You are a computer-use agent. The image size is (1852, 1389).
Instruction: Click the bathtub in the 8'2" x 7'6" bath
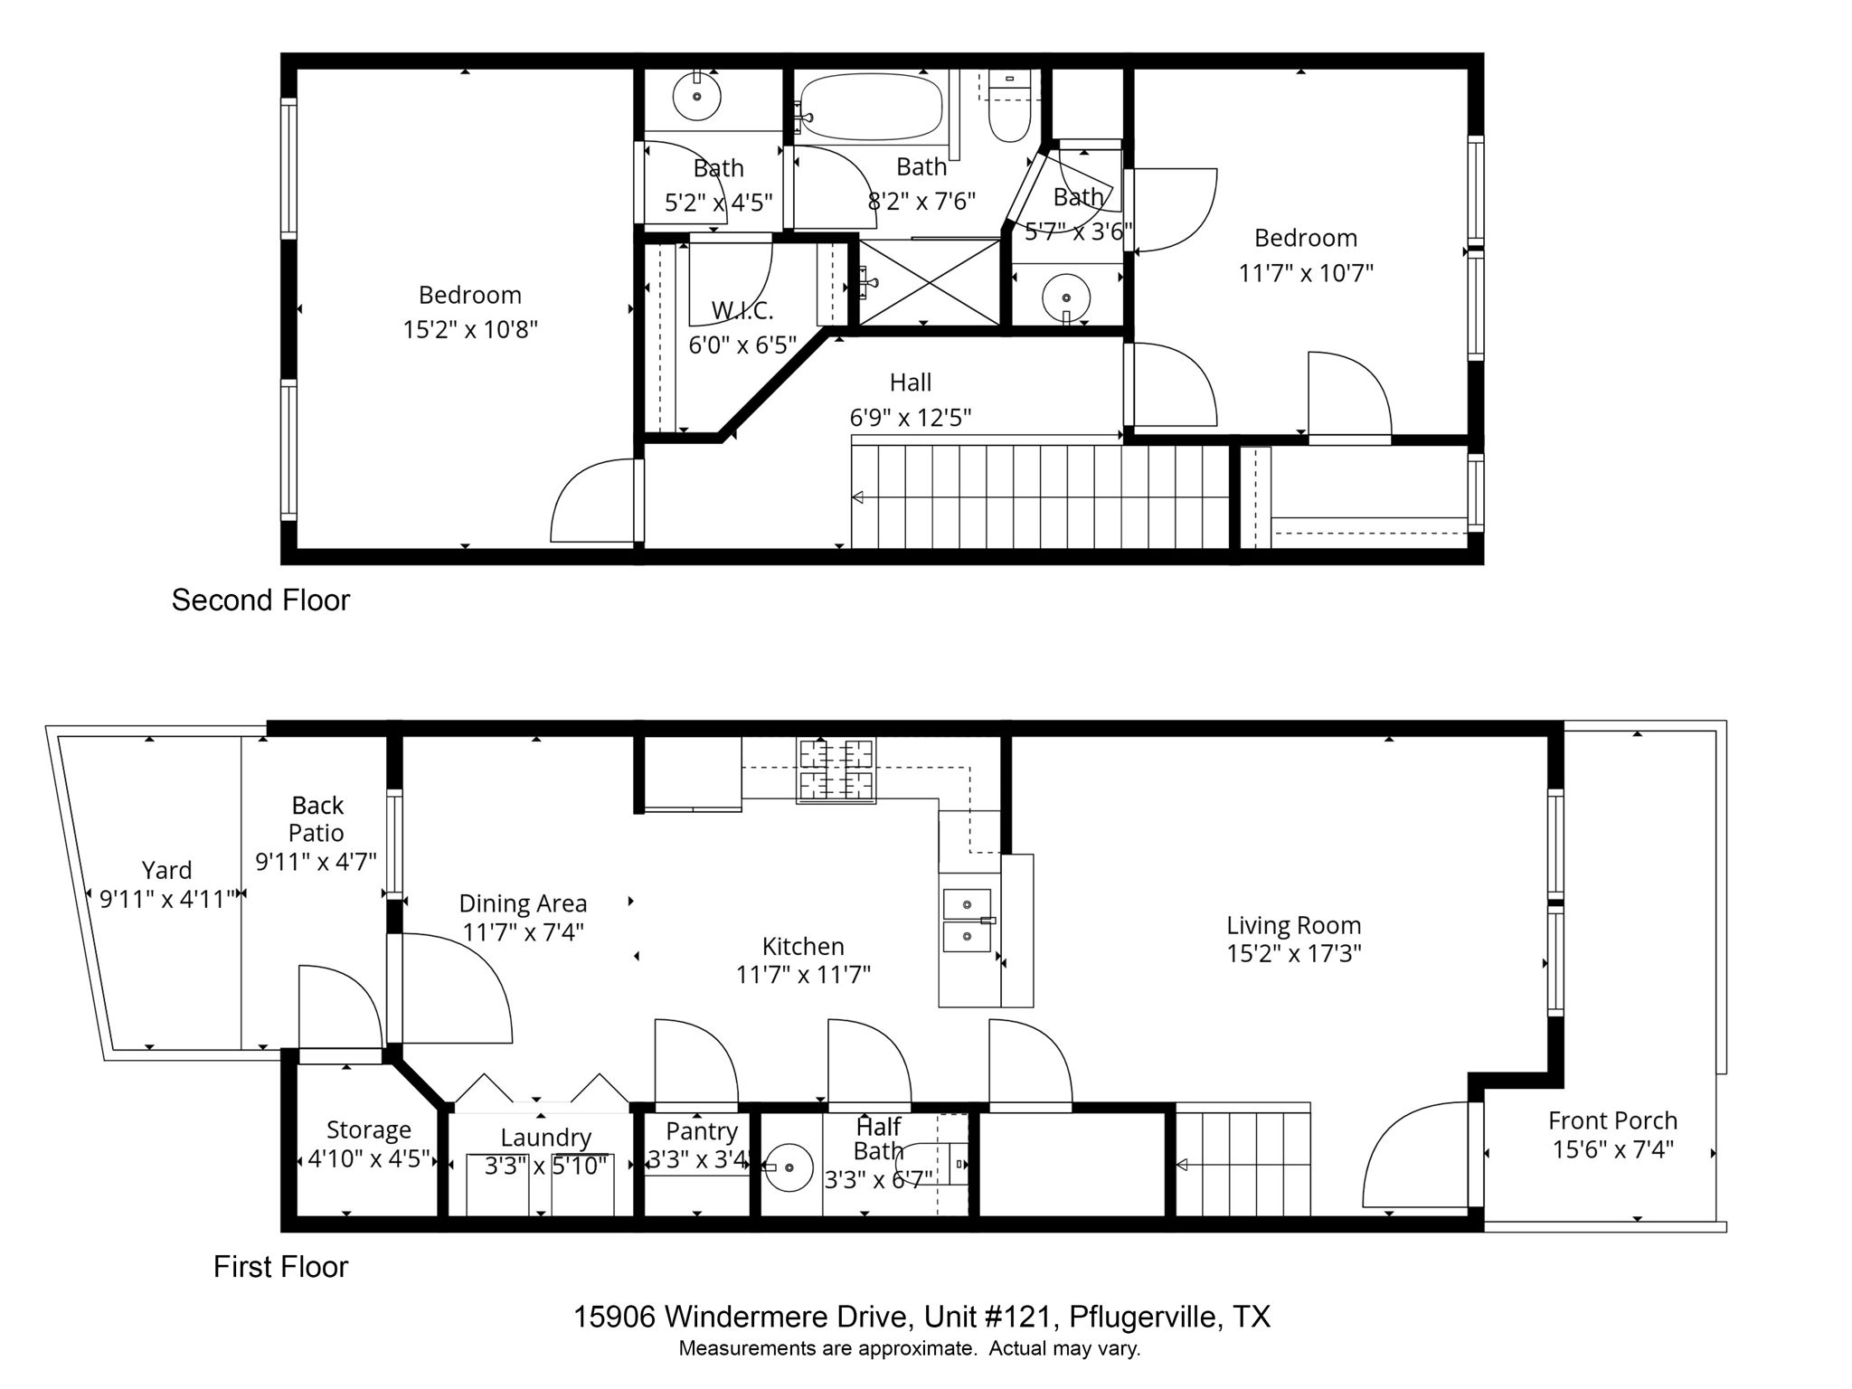pos(872,107)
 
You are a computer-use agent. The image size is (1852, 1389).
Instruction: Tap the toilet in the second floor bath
pos(1009,113)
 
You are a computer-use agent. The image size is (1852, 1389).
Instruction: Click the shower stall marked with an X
pos(929,282)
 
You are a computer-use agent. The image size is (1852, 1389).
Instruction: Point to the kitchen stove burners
pos(836,770)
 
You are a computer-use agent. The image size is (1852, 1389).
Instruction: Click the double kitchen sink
pos(967,921)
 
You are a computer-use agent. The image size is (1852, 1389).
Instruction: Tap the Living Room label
pos(1293,925)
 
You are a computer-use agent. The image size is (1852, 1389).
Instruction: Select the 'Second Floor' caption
pos(260,600)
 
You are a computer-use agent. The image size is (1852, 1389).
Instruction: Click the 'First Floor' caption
pos(280,1267)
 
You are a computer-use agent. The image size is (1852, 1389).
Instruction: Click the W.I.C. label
pos(742,311)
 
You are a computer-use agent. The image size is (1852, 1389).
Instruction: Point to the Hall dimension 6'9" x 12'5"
pos(910,418)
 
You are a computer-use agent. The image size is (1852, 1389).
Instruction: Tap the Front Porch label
pos(1612,1120)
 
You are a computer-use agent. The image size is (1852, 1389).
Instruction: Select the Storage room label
pos(368,1129)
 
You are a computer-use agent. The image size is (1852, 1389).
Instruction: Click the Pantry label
pos(702,1131)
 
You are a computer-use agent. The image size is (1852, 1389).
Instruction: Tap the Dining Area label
pos(523,903)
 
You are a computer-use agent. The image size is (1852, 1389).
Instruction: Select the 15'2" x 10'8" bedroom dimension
pos(470,329)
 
